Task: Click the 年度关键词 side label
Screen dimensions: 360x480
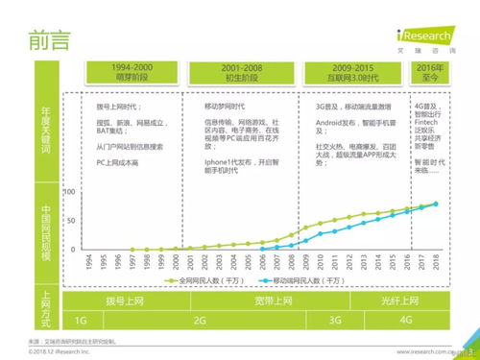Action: point(44,135)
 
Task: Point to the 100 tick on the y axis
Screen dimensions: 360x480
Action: point(68,193)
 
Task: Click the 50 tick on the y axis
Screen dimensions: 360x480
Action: point(69,221)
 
